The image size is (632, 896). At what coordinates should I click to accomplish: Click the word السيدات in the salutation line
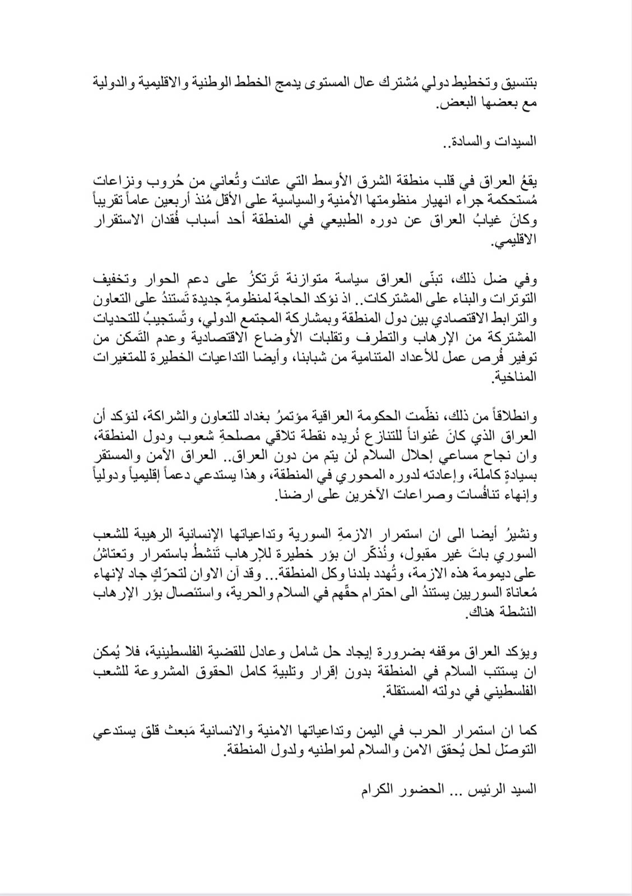[x=518, y=141]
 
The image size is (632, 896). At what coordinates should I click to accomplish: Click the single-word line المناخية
[x=515, y=377]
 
